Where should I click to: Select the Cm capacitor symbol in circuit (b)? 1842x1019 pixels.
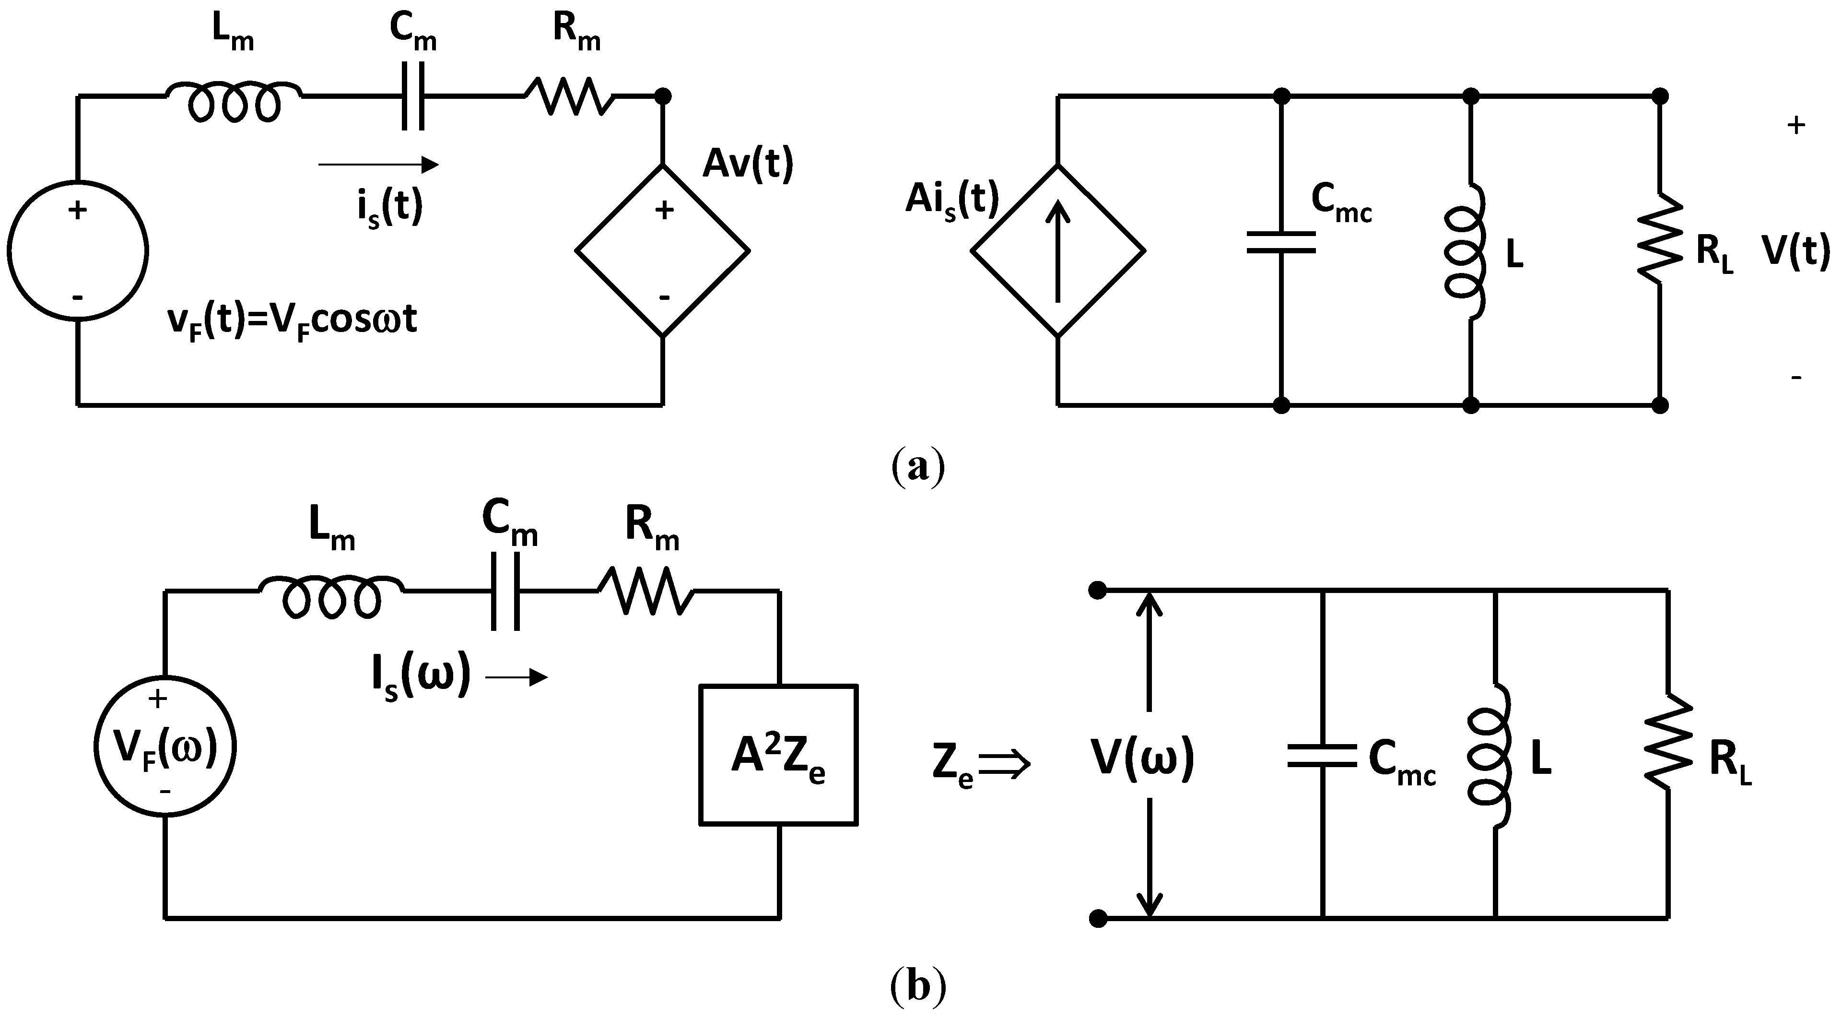tap(505, 591)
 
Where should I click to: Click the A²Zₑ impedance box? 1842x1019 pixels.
tap(778, 756)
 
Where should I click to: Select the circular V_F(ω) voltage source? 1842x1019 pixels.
tap(165, 748)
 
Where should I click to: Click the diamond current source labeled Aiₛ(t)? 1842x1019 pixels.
tap(1057, 250)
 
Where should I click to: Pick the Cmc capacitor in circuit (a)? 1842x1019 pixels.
tap(1281, 242)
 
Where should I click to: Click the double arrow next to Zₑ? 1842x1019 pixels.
tap(1005, 764)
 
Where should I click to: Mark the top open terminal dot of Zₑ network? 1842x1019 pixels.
tap(1098, 591)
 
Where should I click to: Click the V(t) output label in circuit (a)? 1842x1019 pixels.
tap(1795, 252)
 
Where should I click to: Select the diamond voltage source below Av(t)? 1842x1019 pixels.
tap(663, 250)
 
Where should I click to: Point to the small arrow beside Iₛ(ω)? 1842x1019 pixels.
tap(517, 677)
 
